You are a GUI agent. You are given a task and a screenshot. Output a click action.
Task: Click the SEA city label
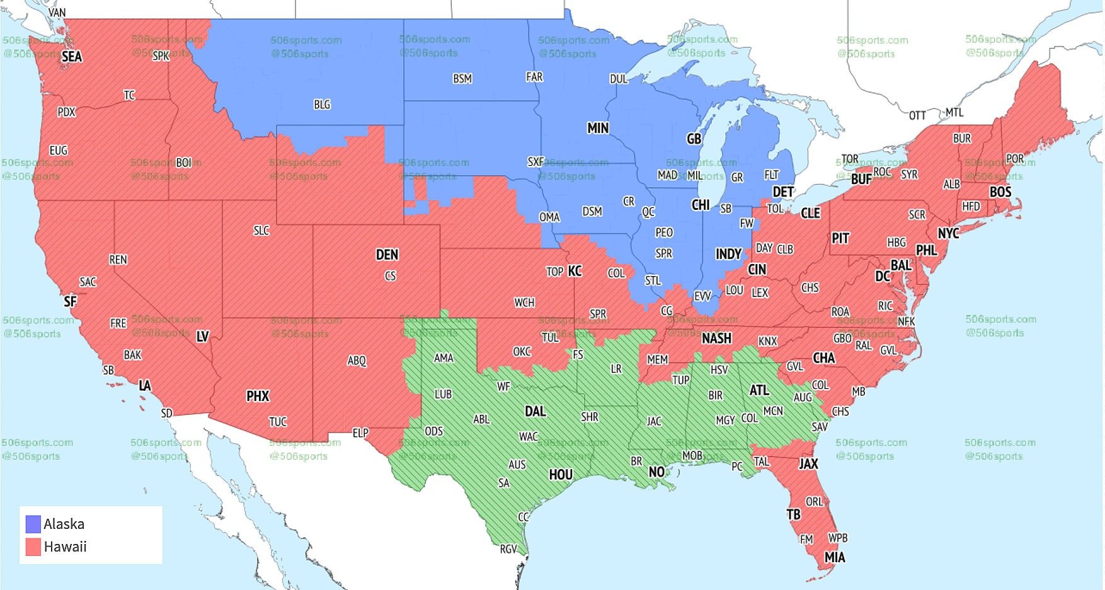click(x=71, y=57)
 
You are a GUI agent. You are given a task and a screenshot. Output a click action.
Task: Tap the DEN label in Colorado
click(x=387, y=255)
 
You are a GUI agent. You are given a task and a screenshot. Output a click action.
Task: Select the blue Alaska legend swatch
click(x=33, y=524)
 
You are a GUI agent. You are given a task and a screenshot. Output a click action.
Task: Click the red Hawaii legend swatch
click(x=33, y=547)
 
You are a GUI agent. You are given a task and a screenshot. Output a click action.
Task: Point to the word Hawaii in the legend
click(x=65, y=547)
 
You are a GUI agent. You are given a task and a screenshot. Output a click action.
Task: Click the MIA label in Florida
click(x=835, y=557)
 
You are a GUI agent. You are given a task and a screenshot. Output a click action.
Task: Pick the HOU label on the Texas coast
click(x=561, y=475)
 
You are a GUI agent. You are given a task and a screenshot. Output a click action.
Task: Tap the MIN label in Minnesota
click(x=598, y=128)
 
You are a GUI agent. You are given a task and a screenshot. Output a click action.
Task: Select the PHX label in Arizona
click(x=258, y=396)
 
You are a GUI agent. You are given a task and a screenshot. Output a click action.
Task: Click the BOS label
click(x=1000, y=192)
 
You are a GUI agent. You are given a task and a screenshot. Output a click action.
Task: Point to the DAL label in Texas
click(x=535, y=411)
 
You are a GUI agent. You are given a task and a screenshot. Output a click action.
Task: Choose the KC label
click(x=575, y=271)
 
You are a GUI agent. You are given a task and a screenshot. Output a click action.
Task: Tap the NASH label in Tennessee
click(x=716, y=338)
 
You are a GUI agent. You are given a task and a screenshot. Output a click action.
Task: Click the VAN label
click(x=57, y=12)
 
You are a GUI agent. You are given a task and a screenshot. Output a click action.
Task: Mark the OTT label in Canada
click(x=917, y=115)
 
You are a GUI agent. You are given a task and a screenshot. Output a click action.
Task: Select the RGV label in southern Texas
click(x=508, y=549)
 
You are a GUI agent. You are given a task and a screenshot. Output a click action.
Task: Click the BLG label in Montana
click(x=322, y=105)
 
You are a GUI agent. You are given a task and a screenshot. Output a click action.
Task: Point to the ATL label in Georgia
click(x=759, y=390)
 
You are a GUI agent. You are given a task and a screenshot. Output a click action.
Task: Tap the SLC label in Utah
click(x=261, y=231)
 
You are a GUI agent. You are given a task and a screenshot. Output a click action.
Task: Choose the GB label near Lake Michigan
click(x=694, y=139)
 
